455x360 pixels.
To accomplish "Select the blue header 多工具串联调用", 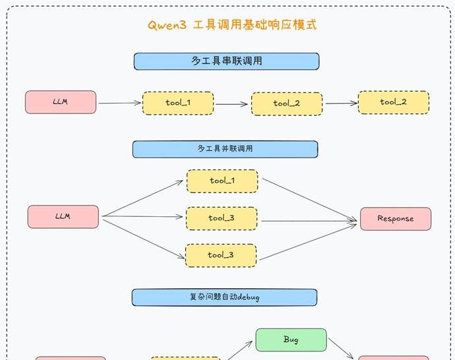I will click(x=226, y=61).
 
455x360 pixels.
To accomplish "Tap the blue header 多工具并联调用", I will click(x=225, y=149).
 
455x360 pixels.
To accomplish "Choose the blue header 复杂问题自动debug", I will click(x=224, y=297).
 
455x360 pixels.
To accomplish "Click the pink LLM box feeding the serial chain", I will click(x=61, y=102).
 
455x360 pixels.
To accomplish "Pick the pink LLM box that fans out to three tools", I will click(x=63, y=216).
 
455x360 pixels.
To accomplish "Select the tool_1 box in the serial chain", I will click(x=178, y=103).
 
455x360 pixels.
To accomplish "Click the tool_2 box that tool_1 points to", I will click(x=287, y=104).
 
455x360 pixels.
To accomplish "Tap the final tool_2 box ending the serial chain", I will click(x=394, y=102).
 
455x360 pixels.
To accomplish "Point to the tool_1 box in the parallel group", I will click(x=222, y=181).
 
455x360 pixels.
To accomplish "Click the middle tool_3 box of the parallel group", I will click(x=221, y=218).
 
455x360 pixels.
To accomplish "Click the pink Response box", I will click(x=396, y=219).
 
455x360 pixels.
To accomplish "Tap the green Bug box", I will click(x=291, y=340).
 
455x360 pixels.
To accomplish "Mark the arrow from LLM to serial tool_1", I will click(x=119, y=103).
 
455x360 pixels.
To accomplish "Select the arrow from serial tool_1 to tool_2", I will click(x=232, y=104).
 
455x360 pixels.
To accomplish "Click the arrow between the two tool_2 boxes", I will click(x=340, y=103).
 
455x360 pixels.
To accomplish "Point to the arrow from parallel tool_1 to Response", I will click(x=309, y=199).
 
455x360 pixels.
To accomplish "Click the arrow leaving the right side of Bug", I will click(x=342, y=348).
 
